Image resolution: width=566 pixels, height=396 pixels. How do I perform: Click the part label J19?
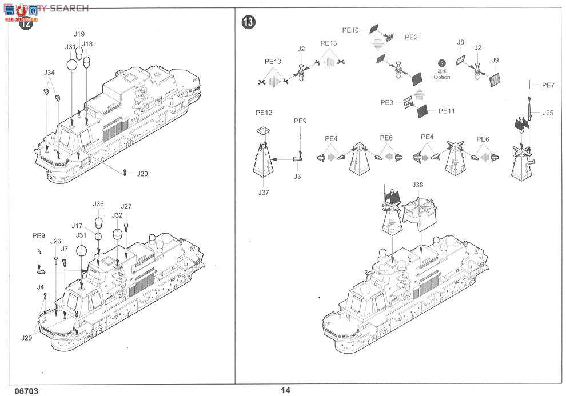79,34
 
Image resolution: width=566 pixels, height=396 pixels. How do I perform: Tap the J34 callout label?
49,73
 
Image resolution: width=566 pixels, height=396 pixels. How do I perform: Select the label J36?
98,204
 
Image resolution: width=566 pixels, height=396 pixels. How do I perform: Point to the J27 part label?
126,206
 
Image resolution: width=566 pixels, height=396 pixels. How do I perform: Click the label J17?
78,226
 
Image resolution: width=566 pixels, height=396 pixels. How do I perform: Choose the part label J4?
65,249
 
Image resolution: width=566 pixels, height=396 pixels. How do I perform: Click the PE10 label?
350,30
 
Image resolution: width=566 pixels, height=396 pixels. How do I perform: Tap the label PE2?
411,37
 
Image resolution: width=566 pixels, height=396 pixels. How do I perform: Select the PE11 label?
446,111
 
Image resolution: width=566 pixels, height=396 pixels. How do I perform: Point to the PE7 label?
548,85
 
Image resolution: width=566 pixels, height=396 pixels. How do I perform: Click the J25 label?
548,113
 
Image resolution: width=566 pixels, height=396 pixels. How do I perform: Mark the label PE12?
264,113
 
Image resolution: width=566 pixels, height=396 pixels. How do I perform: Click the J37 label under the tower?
263,193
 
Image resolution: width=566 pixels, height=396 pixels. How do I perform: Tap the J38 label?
417,185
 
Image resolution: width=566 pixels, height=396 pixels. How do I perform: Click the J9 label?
495,60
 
